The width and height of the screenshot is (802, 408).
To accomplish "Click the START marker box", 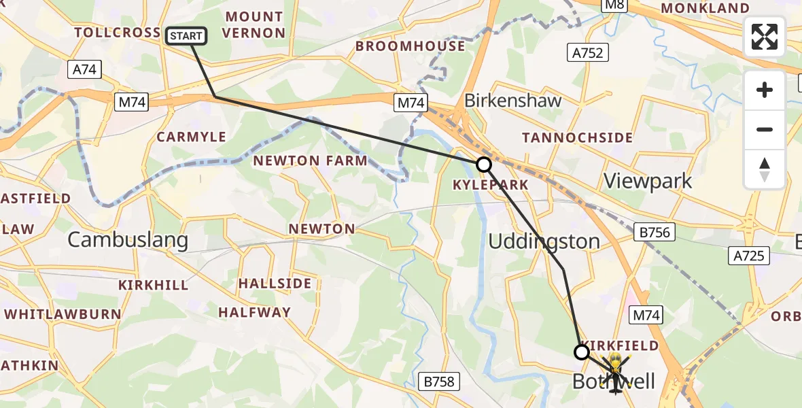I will pos(186,35).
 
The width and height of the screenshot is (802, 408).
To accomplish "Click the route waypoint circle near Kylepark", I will pos(483,165).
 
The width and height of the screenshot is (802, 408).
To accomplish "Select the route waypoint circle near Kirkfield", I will pos(582,352).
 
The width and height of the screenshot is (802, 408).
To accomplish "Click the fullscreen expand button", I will pos(765,37).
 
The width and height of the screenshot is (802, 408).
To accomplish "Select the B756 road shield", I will pos(655,233).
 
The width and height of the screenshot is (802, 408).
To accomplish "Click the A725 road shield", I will pos(750,256).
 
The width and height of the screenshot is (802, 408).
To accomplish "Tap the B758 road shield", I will pos(438,381).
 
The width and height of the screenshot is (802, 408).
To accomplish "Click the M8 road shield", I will pos(616,5).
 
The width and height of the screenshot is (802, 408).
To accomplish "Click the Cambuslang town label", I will pos(128,239).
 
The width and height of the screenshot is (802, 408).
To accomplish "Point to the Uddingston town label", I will pos(544,241).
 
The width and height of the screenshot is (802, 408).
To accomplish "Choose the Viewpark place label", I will pos(648,182).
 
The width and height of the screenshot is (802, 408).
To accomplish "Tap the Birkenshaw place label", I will pos(512,101).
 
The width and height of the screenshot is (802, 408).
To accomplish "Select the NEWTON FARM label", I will pos(310,161).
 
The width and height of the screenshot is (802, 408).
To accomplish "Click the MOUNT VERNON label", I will pos(254,24).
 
